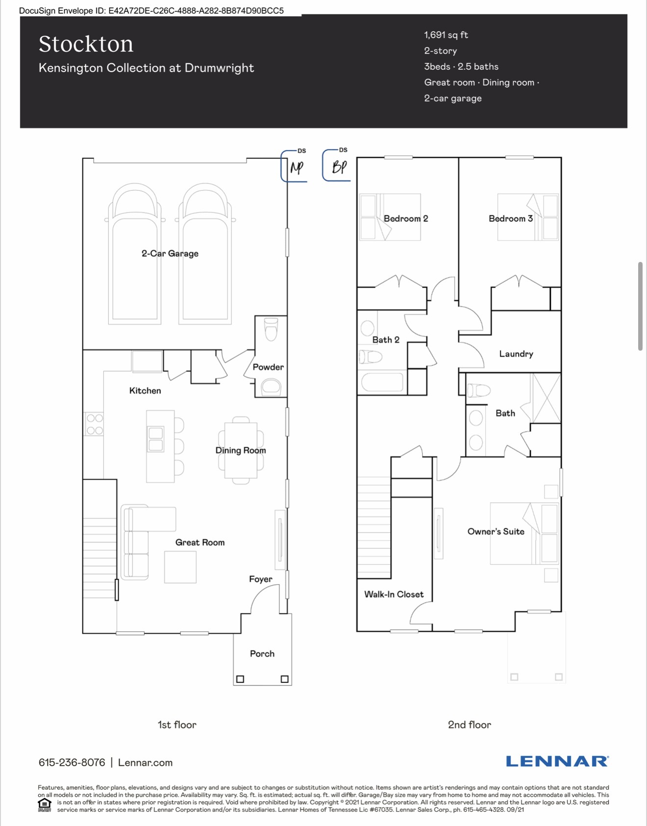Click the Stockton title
pyautogui.click(x=86, y=44)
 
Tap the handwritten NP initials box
pyautogui.click(x=294, y=166)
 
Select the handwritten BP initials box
pyautogui.click(x=336, y=165)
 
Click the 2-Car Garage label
pyautogui.click(x=170, y=254)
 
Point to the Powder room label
pyautogui.click(x=268, y=367)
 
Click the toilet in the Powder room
pyautogui.click(x=271, y=329)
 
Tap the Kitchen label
pyautogui.click(x=145, y=390)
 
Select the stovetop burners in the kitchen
pyautogui.click(x=95, y=424)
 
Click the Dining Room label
pyautogui.click(x=241, y=450)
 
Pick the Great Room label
pyautogui.click(x=200, y=542)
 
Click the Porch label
pyautogui.click(x=262, y=654)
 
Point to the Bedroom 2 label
pyautogui.click(x=406, y=219)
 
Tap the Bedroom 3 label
pyautogui.click(x=511, y=219)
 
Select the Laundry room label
pyautogui.click(x=516, y=354)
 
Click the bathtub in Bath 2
pyautogui.click(x=382, y=383)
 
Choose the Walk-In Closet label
pyautogui.click(x=394, y=594)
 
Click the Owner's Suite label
pyautogui.click(x=496, y=532)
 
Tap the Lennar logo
pyautogui.click(x=557, y=761)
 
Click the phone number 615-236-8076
pyautogui.click(x=72, y=763)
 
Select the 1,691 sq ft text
pyautogui.click(x=446, y=35)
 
